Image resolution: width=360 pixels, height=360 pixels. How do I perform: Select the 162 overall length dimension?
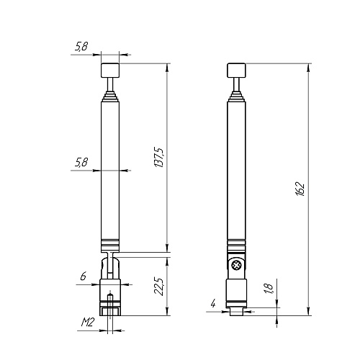point(301,189)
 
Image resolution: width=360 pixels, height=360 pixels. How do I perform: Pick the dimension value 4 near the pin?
point(214,305)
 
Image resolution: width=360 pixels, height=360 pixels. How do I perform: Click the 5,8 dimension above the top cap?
point(82,47)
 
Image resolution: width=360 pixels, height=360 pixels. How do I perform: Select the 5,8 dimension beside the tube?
point(82,163)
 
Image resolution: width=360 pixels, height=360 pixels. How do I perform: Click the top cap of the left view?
point(109,71)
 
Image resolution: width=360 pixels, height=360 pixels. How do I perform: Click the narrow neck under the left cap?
point(109,88)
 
